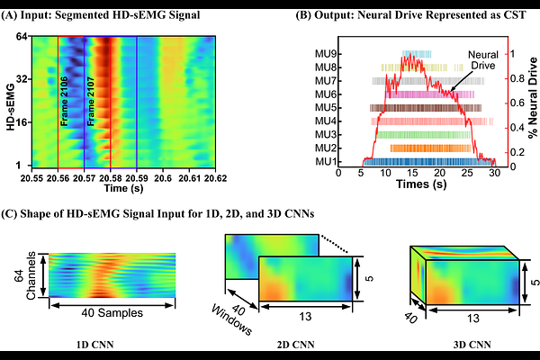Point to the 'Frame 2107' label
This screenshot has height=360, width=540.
91,105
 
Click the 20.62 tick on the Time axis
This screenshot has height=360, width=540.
214,179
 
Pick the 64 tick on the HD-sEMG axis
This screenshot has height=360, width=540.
32,37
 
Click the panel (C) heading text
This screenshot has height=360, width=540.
164,212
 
